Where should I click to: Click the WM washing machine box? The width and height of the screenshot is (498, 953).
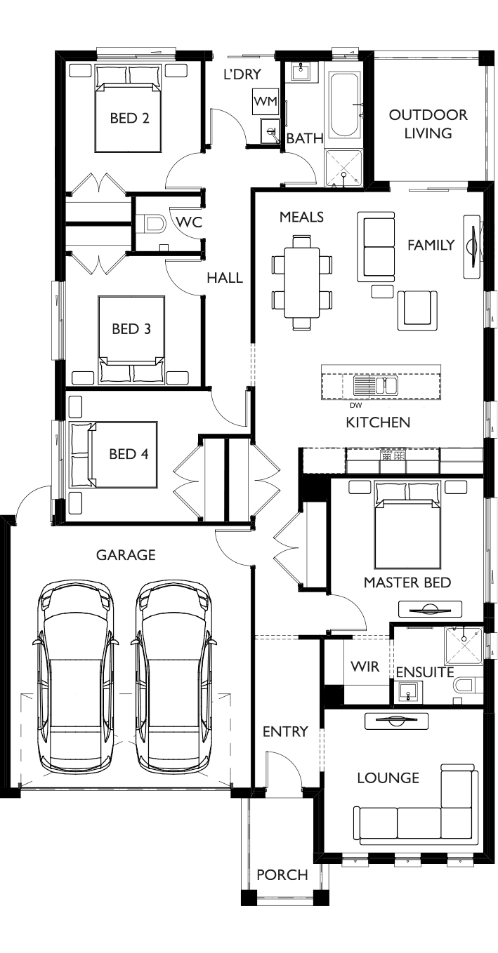266,101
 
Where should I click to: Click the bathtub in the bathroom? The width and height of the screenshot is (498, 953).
345,105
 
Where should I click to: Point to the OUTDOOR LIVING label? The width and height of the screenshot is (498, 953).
428,124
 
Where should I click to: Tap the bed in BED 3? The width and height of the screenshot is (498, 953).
131,338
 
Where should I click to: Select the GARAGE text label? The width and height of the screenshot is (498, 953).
126,555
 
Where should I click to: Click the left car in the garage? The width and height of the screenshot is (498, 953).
75,677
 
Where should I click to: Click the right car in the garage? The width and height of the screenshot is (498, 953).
174,677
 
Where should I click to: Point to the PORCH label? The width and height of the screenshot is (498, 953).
282,874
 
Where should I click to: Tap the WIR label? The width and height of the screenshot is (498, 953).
365,666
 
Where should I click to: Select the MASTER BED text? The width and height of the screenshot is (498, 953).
407,582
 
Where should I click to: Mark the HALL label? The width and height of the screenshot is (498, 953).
225,278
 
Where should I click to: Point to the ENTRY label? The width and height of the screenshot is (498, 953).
285,732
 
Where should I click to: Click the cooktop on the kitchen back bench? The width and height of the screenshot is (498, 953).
393,456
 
